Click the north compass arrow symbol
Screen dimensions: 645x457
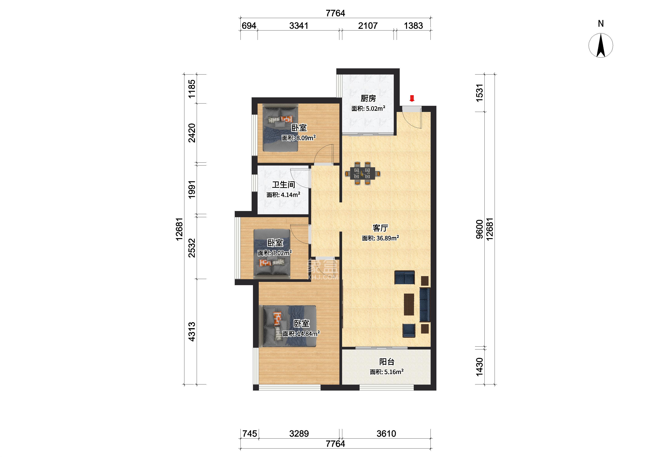click(x=601, y=45)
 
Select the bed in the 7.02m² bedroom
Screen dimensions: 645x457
click(x=272, y=254)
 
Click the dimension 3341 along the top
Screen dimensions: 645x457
click(x=299, y=26)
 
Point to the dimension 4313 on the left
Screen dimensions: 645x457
click(x=192, y=332)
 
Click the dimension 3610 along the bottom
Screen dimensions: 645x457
click(x=386, y=434)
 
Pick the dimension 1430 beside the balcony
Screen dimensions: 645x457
click(x=480, y=367)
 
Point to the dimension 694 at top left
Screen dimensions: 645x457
click(x=249, y=26)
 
